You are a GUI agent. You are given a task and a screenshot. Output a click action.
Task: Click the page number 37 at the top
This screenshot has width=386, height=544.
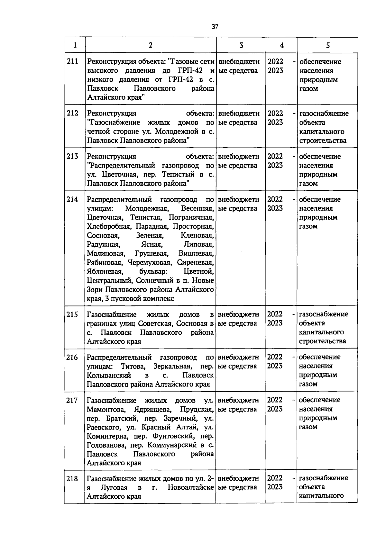click(x=215, y=27)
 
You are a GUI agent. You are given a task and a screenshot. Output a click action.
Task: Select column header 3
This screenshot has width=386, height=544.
click(x=241, y=45)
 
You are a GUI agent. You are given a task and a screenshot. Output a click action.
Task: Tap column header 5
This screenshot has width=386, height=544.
click(x=327, y=45)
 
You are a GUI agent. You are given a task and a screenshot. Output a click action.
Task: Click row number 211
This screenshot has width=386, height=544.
click(x=73, y=61)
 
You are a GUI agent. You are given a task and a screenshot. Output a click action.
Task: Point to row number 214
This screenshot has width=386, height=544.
click(x=72, y=199)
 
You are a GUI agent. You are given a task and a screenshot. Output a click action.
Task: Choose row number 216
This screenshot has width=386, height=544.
click(x=72, y=357)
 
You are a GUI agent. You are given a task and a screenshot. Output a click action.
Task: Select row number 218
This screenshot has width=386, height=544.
click(x=72, y=479)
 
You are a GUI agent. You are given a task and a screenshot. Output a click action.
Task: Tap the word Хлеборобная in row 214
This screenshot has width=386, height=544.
click(x=108, y=226)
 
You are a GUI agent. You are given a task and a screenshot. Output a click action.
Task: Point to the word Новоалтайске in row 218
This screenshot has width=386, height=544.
click(x=191, y=487)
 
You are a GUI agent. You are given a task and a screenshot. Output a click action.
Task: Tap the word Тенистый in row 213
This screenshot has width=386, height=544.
click(x=179, y=175)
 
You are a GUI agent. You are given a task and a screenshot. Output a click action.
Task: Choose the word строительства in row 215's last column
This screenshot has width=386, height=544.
click(x=322, y=341)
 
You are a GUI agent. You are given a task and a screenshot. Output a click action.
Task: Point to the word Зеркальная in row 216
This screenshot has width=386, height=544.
click(x=173, y=366)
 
